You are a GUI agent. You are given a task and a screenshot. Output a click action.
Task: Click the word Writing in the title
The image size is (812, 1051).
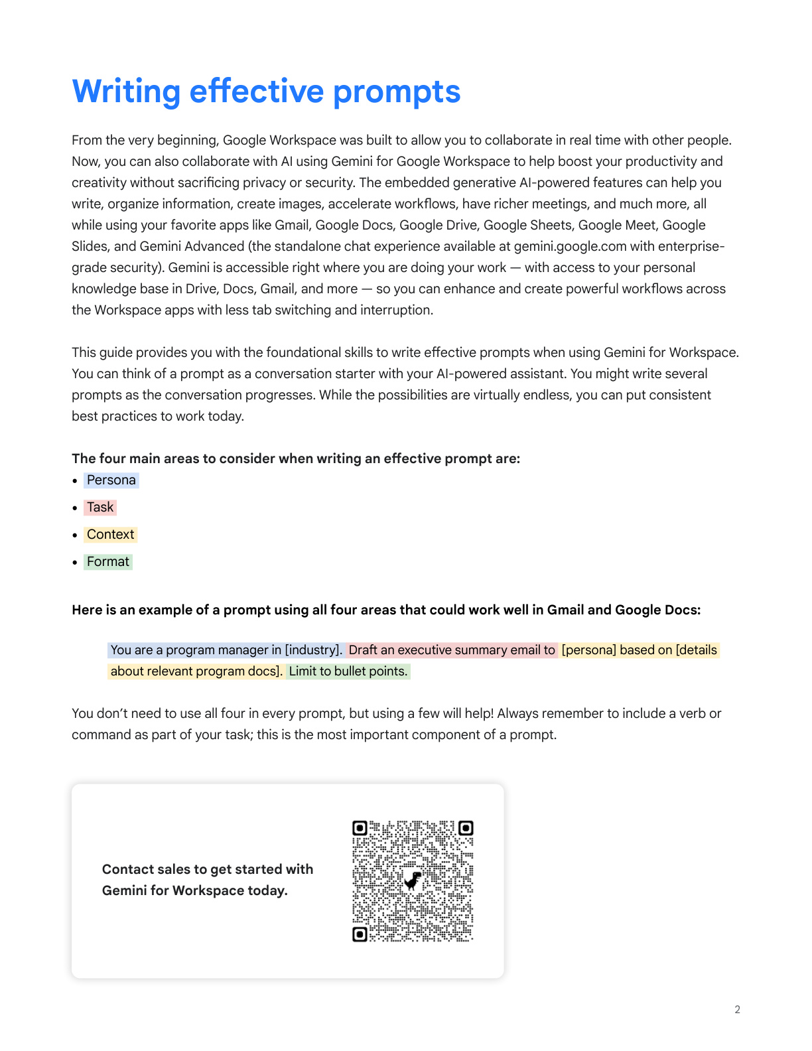[126, 92]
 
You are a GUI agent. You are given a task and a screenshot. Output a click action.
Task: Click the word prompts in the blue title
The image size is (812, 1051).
[396, 92]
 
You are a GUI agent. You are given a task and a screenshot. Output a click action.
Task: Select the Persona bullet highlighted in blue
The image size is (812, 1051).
[111, 480]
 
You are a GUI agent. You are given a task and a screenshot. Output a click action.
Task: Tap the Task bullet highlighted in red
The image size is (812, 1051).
[100, 507]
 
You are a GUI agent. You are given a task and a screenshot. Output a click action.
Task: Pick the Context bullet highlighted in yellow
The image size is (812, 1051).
[110, 534]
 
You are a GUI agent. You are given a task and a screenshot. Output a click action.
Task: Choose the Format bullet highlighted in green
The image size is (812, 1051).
[107, 561]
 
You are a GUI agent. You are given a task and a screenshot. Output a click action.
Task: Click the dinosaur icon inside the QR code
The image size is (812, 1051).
[413, 880]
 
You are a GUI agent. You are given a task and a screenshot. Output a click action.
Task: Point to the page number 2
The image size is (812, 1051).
[737, 1009]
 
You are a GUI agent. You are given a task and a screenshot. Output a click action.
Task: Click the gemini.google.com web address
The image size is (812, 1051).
[570, 246]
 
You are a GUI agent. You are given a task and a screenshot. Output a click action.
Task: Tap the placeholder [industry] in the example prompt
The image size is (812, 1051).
[313, 650]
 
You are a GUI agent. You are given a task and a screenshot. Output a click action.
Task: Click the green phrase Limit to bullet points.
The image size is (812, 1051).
[348, 671]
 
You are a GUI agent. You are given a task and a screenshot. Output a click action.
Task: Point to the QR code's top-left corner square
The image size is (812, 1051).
[360, 828]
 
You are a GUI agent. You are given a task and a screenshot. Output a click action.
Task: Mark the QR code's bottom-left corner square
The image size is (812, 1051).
[360, 934]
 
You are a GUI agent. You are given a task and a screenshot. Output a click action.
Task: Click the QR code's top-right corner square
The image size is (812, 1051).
[466, 828]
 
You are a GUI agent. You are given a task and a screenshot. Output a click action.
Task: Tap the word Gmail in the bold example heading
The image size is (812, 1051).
[565, 610]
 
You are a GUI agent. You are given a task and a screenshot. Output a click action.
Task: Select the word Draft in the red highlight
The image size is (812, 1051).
[363, 650]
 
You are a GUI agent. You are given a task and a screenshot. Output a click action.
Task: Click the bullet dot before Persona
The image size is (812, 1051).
[75, 480]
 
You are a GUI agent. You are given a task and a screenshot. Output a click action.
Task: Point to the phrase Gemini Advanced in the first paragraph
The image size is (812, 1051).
[192, 246]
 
